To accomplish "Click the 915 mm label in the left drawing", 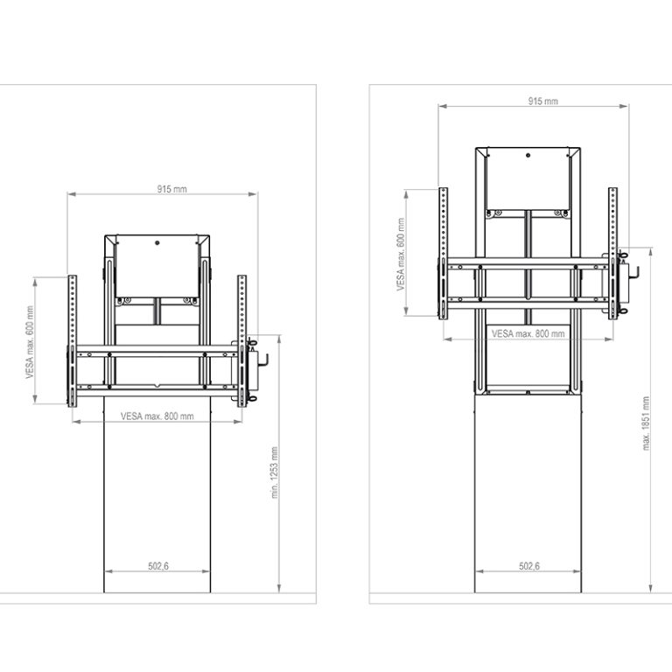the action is tap(171, 189).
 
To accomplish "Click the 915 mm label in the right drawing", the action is tap(543, 101).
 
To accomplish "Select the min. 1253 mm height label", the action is tap(275, 472).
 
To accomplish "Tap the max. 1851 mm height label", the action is tap(646, 423).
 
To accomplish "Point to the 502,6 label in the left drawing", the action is tap(158, 566).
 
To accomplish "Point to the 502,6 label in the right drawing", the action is tap(529, 566).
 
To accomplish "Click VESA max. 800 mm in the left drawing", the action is tap(157, 416).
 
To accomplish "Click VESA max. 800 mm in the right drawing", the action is tap(528, 333).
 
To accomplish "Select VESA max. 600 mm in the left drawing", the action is tap(30, 342).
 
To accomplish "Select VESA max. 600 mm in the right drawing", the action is tap(401, 254).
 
